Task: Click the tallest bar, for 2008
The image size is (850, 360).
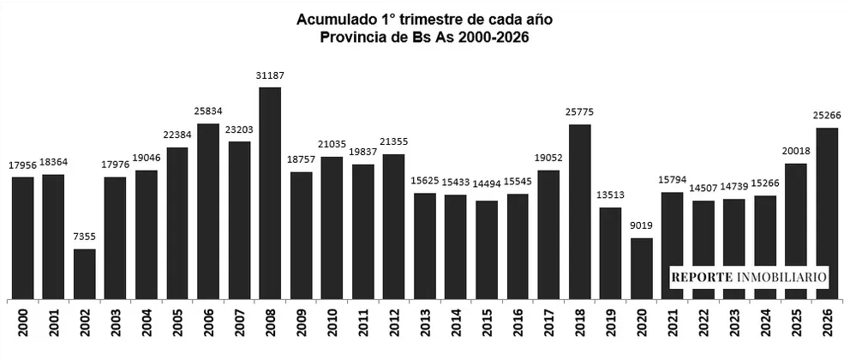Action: pyautogui.click(x=270, y=193)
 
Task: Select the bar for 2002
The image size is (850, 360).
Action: pyautogui.click(x=84, y=273)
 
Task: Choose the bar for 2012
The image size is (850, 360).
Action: pyautogui.click(x=393, y=226)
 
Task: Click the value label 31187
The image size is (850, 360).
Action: pyautogui.click(x=270, y=76)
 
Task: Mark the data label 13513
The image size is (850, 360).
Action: pyautogui.click(x=610, y=196)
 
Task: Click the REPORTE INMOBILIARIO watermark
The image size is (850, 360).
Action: pyautogui.click(x=749, y=278)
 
